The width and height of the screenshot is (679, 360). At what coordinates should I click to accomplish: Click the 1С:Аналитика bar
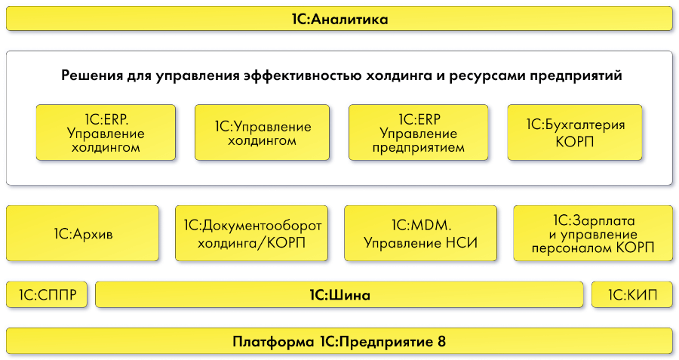tap(339, 19)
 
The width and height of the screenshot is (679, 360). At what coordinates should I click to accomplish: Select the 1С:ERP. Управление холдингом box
tap(106, 132)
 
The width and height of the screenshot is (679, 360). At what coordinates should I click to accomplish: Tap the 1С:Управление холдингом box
tap(262, 132)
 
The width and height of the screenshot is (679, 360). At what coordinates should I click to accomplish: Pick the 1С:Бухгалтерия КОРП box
tap(576, 132)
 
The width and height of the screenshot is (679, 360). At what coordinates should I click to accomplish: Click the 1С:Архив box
tap(83, 233)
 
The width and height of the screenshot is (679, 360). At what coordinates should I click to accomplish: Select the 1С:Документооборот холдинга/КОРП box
tap(252, 233)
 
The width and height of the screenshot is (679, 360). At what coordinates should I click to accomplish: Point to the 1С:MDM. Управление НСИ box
tap(421, 233)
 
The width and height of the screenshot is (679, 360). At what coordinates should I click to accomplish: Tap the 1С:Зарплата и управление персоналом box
tap(592, 233)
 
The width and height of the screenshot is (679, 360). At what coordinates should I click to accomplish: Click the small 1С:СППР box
tap(46, 295)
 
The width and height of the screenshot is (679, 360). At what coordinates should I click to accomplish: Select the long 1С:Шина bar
tap(339, 295)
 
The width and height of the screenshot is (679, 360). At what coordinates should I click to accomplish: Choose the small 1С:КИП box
tap(632, 295)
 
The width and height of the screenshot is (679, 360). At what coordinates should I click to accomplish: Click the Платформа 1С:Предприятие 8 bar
tap(339, 341)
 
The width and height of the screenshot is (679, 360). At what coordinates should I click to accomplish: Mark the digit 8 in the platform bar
tap(441, 341)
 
